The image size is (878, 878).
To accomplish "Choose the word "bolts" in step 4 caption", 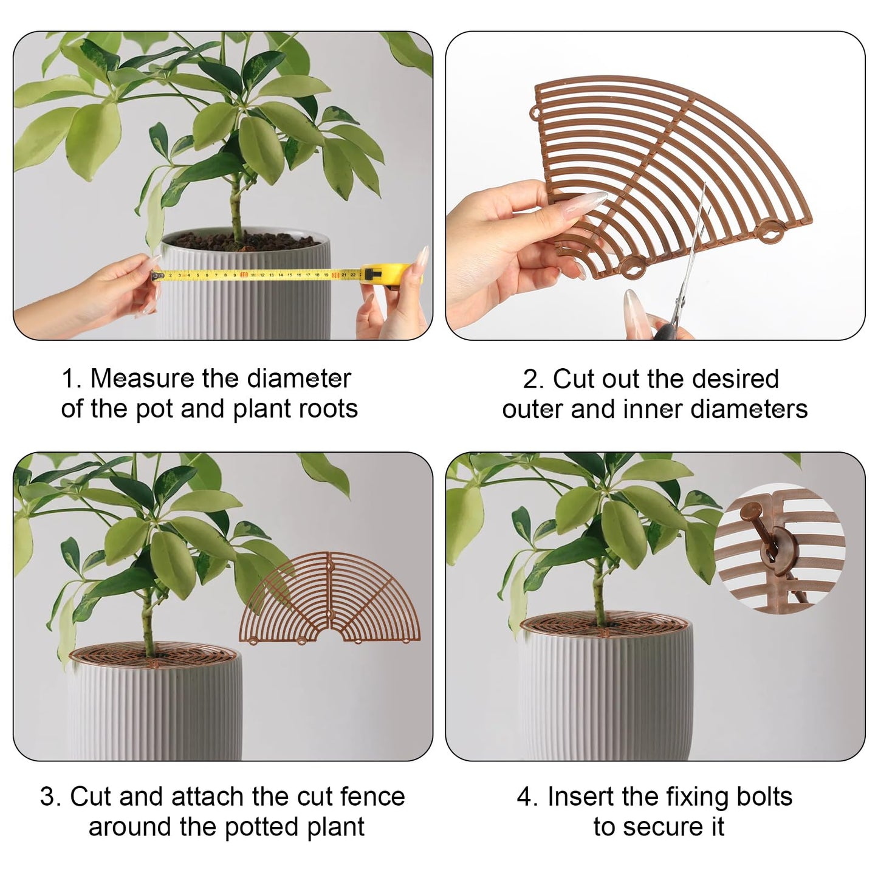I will pyautogui.click(x=764, y=796).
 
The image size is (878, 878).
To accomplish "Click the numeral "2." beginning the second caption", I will pyautogui.click(x=533, y=379).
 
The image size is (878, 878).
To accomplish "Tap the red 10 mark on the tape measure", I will pyautogui.click(x=244, y=275).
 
